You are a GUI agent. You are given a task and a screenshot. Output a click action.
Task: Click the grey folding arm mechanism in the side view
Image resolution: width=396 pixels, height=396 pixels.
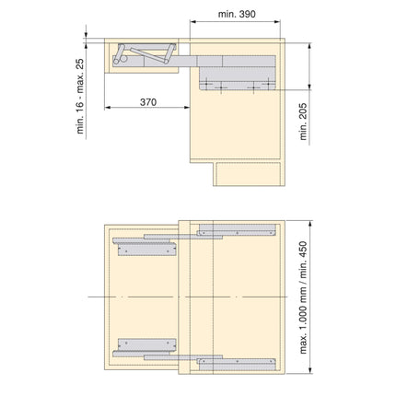[147, 55]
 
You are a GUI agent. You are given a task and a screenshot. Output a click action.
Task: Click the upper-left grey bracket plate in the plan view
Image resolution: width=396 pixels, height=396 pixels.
[146, 246]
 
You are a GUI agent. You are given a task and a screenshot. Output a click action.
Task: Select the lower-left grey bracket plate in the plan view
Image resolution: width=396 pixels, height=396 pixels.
[146, 344]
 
